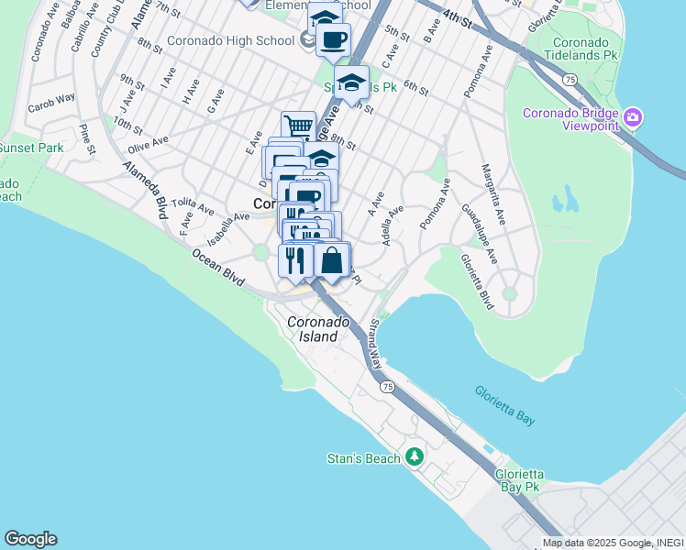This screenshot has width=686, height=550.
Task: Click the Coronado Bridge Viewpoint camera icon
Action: pos(632,118)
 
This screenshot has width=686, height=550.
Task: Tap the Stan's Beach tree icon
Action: pos(415,456)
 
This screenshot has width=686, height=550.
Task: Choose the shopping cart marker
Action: pos(298,127)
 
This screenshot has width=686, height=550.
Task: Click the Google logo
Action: pos(30,539)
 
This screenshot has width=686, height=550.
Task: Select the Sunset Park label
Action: pos(31,148)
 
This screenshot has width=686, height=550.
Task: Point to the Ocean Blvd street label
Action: pos(218,269)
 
